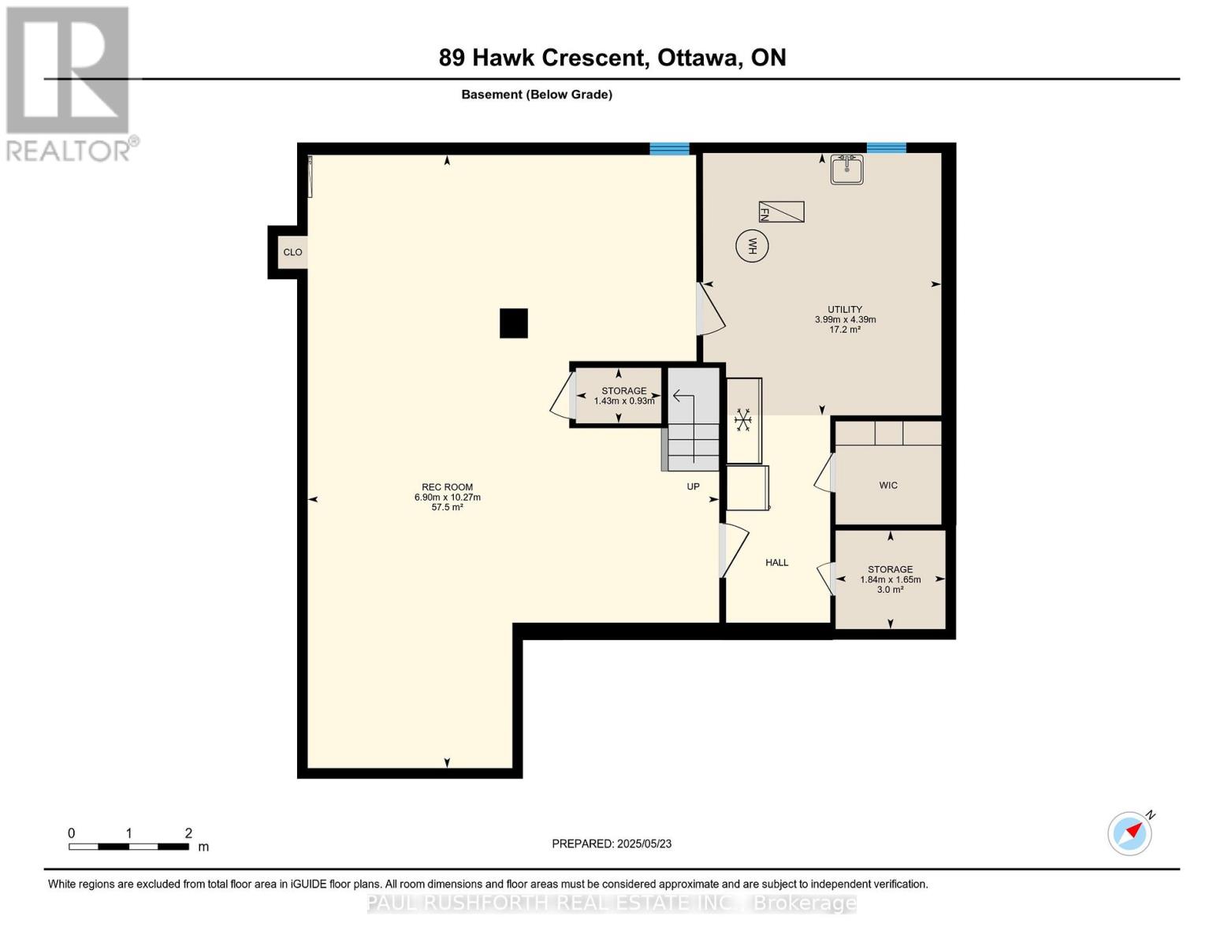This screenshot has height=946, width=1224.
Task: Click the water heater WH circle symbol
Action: tap(752, 246)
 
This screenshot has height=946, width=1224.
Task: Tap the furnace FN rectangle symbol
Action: tap(781, 212)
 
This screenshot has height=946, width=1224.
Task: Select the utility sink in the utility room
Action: tap(846, 169)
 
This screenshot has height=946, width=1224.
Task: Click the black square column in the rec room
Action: tap(514, 323)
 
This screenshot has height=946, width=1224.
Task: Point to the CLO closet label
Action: tap(292, 252)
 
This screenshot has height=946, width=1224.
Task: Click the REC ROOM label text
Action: tap(447, 487)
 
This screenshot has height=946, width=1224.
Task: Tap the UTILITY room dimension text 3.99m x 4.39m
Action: tap(845, 319)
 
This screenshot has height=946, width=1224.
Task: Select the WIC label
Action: tap(888, 486)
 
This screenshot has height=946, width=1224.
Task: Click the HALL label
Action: tap(776, 563)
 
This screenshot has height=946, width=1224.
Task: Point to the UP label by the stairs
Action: tap(693, 486)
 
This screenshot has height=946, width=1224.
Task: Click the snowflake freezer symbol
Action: tap(742, 419)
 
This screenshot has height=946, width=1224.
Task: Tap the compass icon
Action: tap(1130, 833)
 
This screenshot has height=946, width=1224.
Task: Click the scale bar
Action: tap(128, 847)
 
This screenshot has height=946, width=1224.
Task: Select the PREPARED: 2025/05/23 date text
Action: tap(612, 844)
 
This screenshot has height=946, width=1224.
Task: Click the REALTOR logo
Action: tap(69, 83)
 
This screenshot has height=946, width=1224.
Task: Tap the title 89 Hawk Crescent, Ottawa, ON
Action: tap(612, 58)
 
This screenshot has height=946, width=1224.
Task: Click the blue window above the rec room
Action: tap(669, 148)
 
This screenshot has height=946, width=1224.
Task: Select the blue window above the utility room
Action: tap(886, 148)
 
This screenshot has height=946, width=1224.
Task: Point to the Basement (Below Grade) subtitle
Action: tap(537, 95)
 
